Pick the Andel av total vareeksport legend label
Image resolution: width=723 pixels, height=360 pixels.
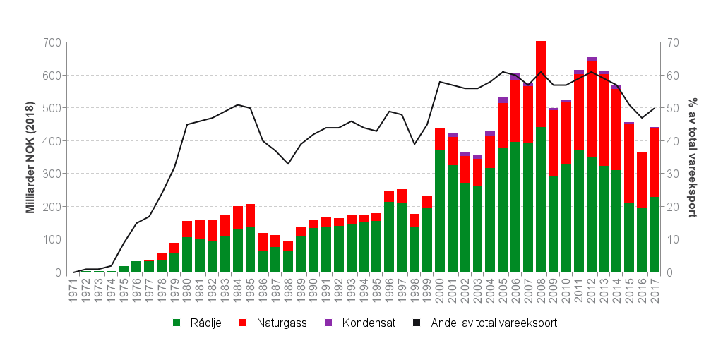click(494, 323)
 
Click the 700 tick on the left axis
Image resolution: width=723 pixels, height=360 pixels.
click(52, 42)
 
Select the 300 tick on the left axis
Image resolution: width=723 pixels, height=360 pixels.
click(52, 174)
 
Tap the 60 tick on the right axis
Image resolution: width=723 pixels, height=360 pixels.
click(673, 76)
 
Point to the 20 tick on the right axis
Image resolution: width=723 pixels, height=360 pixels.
click(673, 207)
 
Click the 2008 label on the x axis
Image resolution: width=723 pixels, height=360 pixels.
click(541, 290)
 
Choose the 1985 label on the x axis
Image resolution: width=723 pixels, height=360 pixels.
click(250, 290)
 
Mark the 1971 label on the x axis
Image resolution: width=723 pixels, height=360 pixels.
click(73, 290)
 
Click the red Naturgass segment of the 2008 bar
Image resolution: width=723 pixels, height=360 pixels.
click(541, 85)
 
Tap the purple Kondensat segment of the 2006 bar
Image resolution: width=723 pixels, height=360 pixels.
click(515, 76)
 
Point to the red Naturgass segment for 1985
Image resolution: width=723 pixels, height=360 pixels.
click(250, 215)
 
